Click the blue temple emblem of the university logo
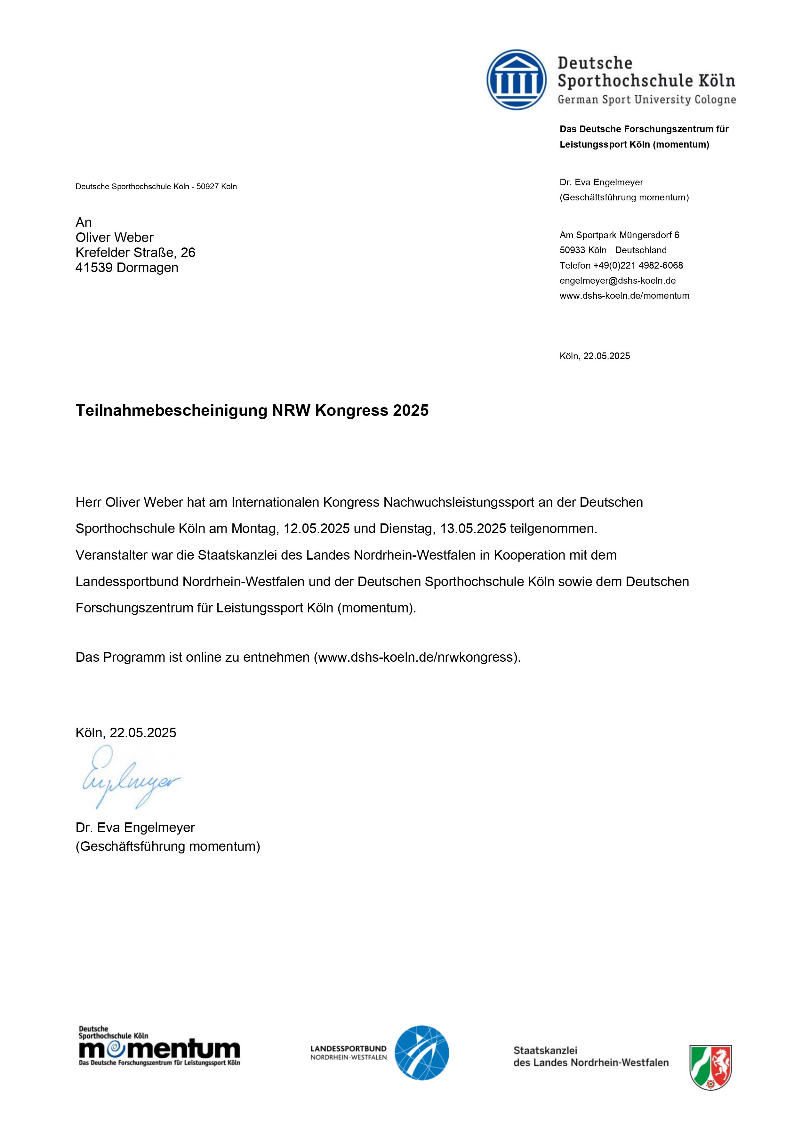click(516, 79)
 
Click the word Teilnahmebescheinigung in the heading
click(171, 410)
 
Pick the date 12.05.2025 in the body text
click(316, 529)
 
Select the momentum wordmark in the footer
click(159, 1049)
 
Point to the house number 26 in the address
click(188, 253)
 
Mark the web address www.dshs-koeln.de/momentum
click(624, 296)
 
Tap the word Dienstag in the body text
click(407, 529)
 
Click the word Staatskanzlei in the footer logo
click(545, 1050)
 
